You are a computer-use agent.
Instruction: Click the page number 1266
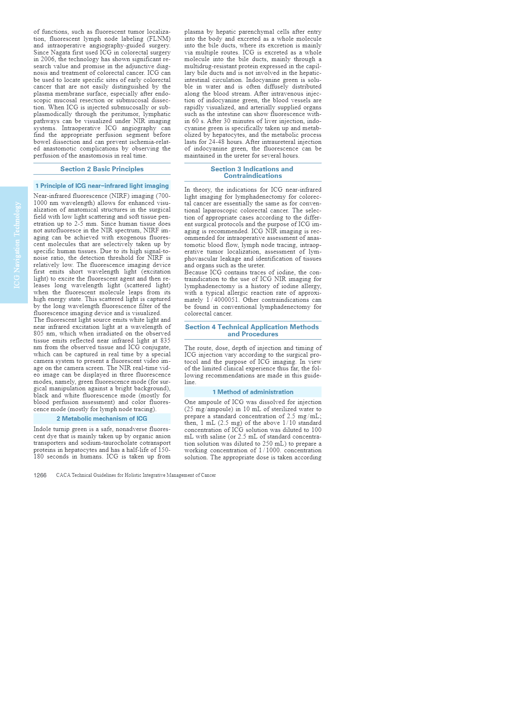coord(40,475)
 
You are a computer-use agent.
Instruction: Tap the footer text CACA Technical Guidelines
coord(136,475)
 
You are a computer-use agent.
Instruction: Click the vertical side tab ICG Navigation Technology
coord(17,245)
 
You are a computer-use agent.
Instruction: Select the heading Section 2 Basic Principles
coord(102,169)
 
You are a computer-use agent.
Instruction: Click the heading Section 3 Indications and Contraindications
coord(252,172)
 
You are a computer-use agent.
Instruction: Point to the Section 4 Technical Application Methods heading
coord(252,330)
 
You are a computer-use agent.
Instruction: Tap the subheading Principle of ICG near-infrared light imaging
coord(102,186)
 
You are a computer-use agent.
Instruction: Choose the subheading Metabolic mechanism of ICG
coord(102,419)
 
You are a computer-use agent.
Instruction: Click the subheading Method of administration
coord(253,392)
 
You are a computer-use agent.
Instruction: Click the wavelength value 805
coord(39,333)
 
